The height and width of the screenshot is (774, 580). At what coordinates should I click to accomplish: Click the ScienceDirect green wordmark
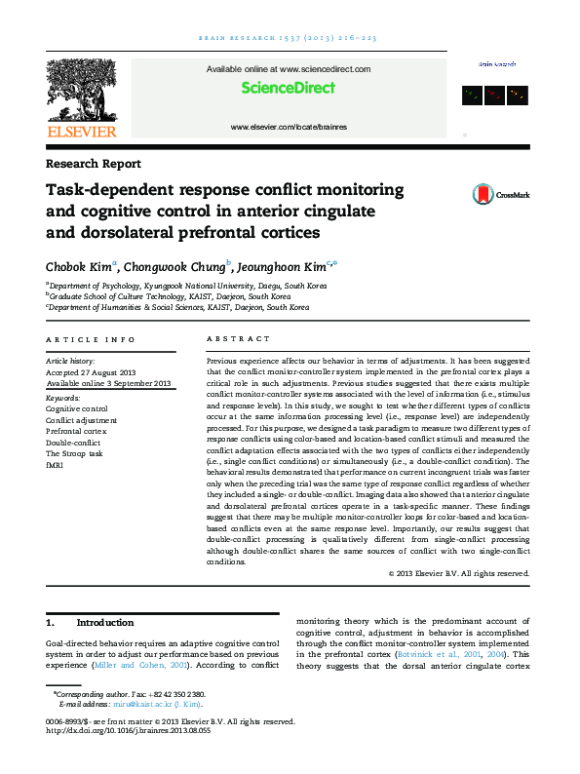click(x=289, y=88)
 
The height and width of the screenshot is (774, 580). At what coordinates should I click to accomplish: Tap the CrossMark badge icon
click(x=455, y=194)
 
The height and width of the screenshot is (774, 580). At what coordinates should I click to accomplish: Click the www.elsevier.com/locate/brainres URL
click(x=289, y=128)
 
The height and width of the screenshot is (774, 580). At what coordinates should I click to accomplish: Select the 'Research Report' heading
click(x=94, y=164)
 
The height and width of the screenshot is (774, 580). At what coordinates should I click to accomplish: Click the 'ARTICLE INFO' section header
click(x=91, y=338)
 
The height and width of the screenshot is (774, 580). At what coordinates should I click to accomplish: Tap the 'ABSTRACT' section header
click(x=239, y=338)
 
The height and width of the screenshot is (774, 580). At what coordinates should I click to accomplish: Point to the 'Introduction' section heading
click(x=104, y=622)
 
